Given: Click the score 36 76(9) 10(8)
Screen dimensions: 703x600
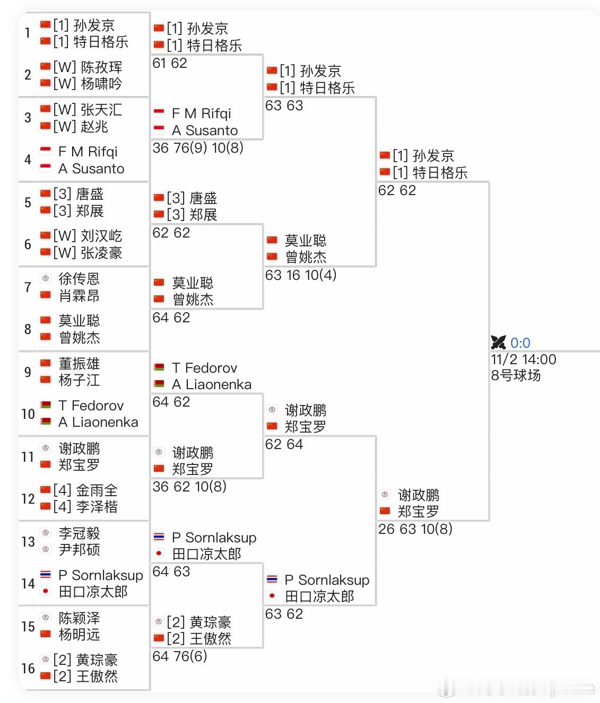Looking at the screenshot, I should coord(198,148).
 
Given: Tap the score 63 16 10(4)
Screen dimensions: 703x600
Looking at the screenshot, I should coord(301,275).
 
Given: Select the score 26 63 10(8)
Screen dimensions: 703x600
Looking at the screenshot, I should coord(415,529).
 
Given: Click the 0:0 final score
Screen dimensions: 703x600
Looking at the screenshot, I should coord(520,343).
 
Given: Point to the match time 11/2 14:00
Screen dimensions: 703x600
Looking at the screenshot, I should coord(524,359).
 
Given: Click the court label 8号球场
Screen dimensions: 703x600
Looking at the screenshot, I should coord(516,375).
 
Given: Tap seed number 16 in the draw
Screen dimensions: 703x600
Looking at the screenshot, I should coord(28,669).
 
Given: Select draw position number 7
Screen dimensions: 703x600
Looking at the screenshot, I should coord(28,287).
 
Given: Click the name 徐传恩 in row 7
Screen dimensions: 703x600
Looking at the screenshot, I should coord(79,279).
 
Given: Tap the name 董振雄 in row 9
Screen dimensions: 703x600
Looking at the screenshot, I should coord(79,364).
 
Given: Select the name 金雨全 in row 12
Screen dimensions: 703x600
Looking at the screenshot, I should coord(97,490).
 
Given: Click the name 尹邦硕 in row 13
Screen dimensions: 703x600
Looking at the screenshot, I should coord(79,550).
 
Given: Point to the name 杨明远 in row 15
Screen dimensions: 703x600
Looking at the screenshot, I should coord(79,635).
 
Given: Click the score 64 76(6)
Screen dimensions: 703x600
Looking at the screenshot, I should coord(180,656).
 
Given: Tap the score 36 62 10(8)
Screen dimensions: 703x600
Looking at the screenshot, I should coord(189,487).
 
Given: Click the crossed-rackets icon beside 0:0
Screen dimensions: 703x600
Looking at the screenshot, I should coord(499,342).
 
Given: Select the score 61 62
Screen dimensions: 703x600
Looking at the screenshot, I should coord(170,64).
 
